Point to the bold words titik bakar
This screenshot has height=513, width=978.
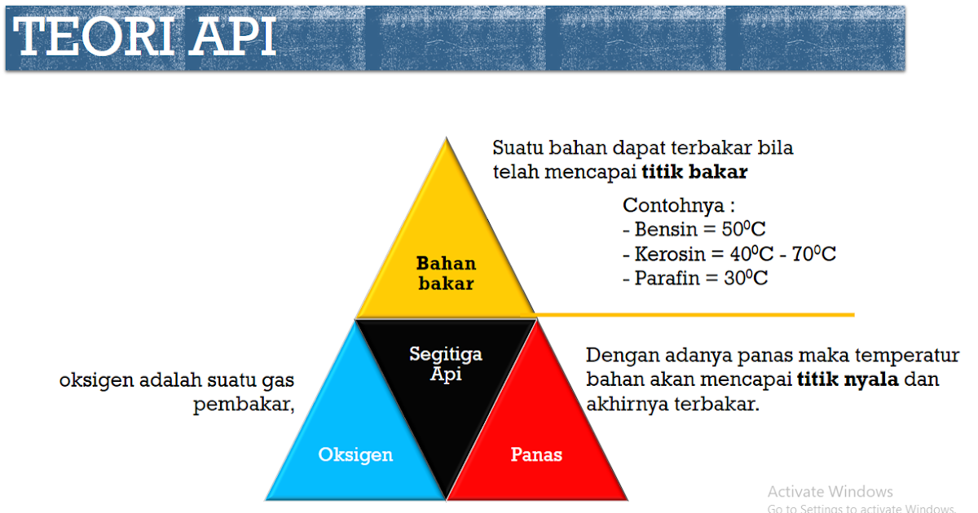694,173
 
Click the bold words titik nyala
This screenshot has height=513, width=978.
847,379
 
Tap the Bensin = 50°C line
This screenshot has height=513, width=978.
694,229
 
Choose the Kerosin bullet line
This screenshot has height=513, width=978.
729,254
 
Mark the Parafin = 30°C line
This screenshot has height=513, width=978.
694,278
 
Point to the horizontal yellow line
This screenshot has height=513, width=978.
693,314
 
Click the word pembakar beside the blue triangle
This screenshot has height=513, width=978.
243,405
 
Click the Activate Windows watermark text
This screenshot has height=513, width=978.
830,492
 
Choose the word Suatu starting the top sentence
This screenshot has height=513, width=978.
518,149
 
